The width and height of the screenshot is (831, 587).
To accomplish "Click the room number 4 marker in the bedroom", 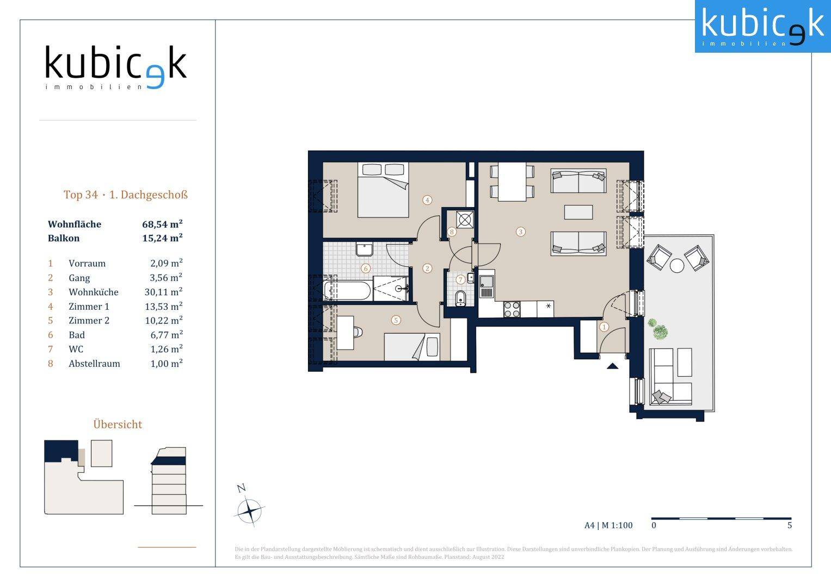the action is pyautogui.click(x=427, y=200).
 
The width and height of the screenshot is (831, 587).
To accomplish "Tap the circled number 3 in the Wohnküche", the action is pyautogui.click(x=520, y=232).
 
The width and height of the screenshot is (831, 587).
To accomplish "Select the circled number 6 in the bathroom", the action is pyautogui.click(x=365, y=268).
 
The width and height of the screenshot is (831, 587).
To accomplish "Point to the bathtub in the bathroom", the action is pyautogui.click(x=347, y=291).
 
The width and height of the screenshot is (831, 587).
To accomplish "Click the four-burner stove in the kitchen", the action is pyautogui.click(x=512, y=309).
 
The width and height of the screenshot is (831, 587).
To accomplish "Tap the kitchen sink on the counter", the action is pyautogui.click(x=487, y=284).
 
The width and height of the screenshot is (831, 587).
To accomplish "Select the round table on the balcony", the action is pyautogui.click(x=677, y=266).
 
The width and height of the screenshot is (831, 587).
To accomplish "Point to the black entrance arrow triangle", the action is pyautogui.click(x=612, y=366).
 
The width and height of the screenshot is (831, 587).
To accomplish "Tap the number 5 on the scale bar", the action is pyautogui.click(x=790, y=525).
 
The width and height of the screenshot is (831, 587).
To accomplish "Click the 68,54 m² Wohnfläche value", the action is pyautogui.click(x=162, y=224).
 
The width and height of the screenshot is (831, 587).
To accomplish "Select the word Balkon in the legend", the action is pyautogui.click(x=64, y=238).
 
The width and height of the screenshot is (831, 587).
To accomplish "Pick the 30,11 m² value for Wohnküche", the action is pyautogui.click(x=163, y=292).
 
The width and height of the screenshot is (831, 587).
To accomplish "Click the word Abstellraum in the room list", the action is pyautogui.click(x=94, y=364).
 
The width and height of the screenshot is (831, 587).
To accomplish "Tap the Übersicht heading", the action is pyautogui.click(x=118, y=424).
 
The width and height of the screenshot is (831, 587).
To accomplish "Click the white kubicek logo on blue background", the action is pyautogui.click(x=763, y=26).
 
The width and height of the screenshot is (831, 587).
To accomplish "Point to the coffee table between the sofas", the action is pyautogui.click(x=578, y=213).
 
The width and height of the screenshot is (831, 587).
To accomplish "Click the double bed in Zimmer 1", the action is pyautogui.click(x=383, y=190).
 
